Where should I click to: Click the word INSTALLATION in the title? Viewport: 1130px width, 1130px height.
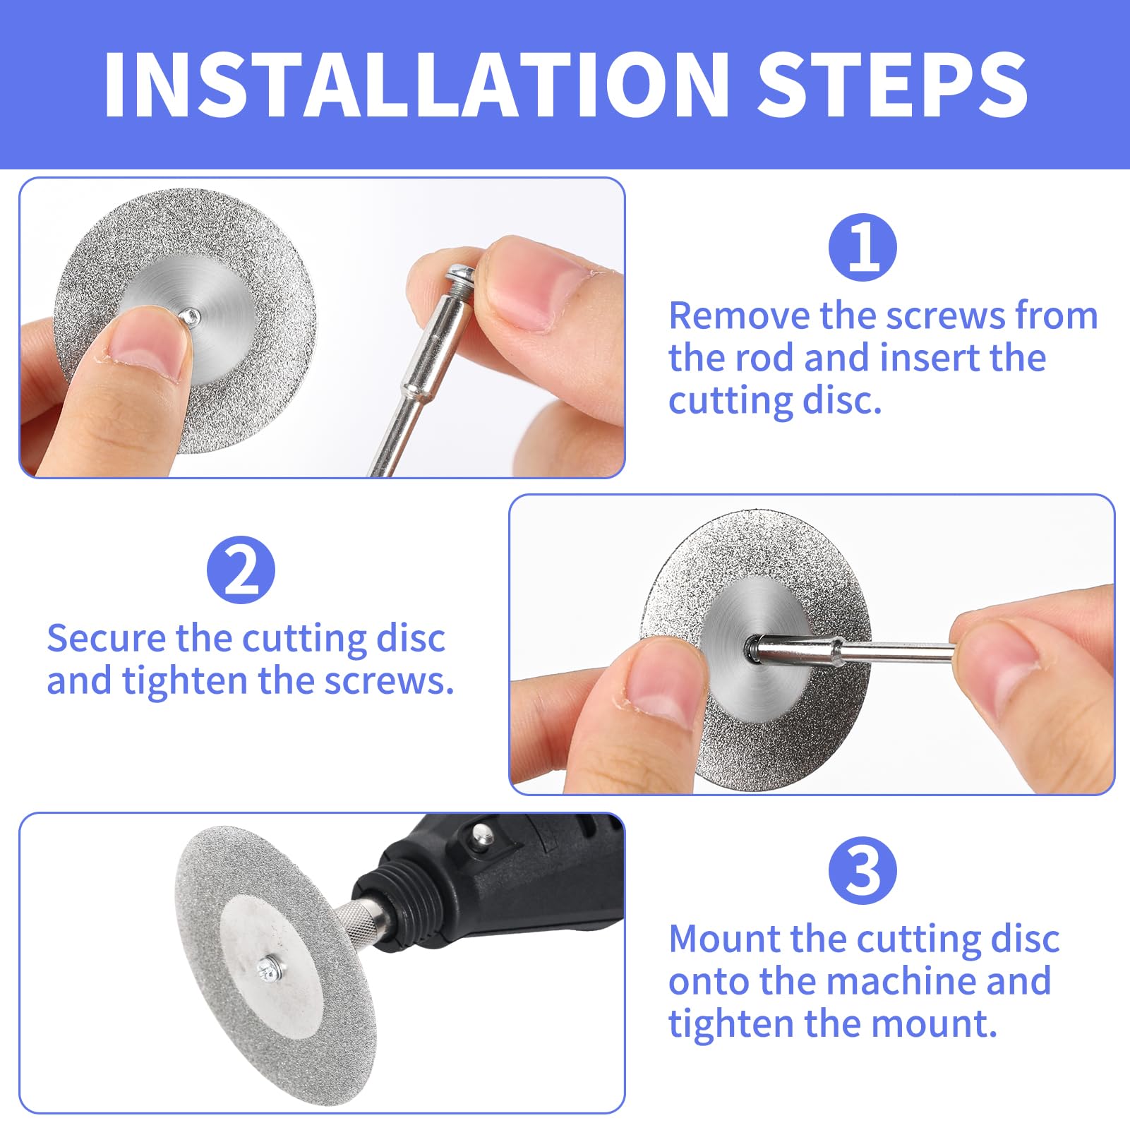coord(416,85)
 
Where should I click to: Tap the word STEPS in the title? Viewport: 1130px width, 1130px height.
coord(892,85)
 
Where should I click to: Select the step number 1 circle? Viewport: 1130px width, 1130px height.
coord(862,248)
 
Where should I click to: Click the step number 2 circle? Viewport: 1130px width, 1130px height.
coord(241,570)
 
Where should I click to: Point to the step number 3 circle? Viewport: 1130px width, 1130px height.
coord(862,870)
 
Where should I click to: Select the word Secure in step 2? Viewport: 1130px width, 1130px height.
coord(106,638)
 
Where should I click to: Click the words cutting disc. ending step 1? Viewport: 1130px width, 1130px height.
coord(775,401)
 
